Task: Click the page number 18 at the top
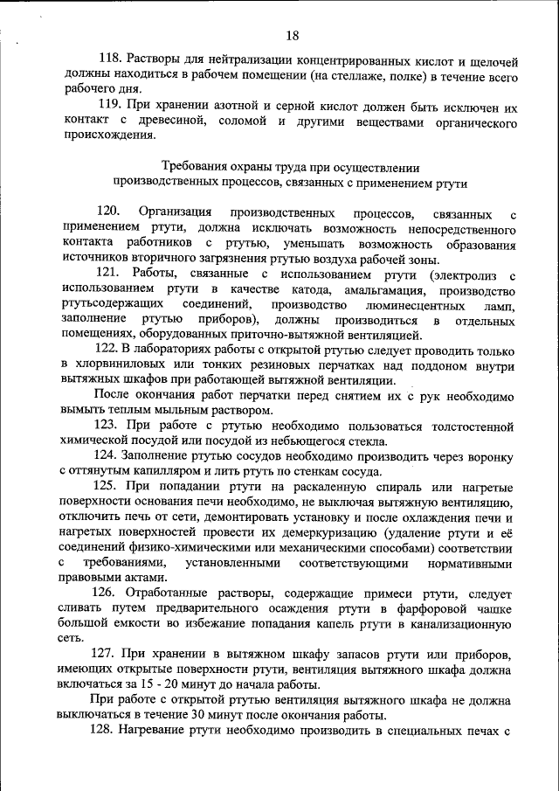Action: pyautogui.click(x=292, y=36)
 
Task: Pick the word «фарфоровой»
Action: pyautogui.click(x=418, y=608)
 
